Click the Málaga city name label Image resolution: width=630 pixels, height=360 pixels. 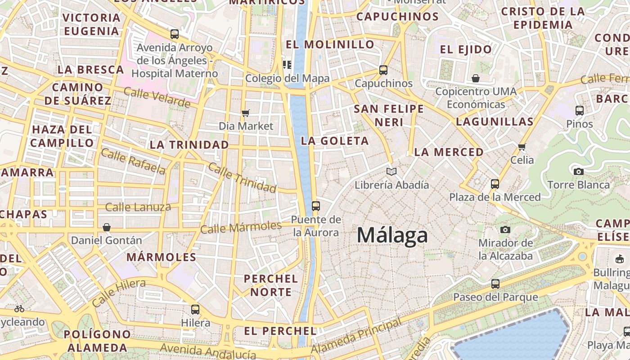[392, 235]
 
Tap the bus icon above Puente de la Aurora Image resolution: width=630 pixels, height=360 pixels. [316, 206]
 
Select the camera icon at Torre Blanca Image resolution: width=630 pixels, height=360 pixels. [579, 171]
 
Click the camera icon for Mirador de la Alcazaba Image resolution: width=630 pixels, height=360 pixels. [505, 230]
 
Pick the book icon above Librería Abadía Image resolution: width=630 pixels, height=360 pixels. [391, 171]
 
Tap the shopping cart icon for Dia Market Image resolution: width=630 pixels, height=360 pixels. [246, 113]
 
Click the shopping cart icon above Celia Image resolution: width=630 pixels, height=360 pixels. [522, 147]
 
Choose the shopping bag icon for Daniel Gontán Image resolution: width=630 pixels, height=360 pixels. [107, 227]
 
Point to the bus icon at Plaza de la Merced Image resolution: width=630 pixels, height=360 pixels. [495, 184]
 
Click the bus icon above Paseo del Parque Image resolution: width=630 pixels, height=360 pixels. [495, 284]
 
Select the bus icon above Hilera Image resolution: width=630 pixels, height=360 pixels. [195, 310]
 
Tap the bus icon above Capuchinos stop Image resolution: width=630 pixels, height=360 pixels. [383, 70]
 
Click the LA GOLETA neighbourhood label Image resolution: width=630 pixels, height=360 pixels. [335, 141]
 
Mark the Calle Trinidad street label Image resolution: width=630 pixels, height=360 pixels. [242, 177]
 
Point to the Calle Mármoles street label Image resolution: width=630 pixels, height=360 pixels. [241, 227]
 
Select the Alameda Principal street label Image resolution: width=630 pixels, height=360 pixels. [355, 336]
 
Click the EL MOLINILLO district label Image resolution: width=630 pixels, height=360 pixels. [330, 45]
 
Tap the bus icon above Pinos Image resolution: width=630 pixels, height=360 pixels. [580, 110]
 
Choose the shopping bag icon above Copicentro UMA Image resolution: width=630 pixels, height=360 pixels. [476, 79]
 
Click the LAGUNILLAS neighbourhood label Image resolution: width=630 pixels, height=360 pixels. [495, 121]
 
